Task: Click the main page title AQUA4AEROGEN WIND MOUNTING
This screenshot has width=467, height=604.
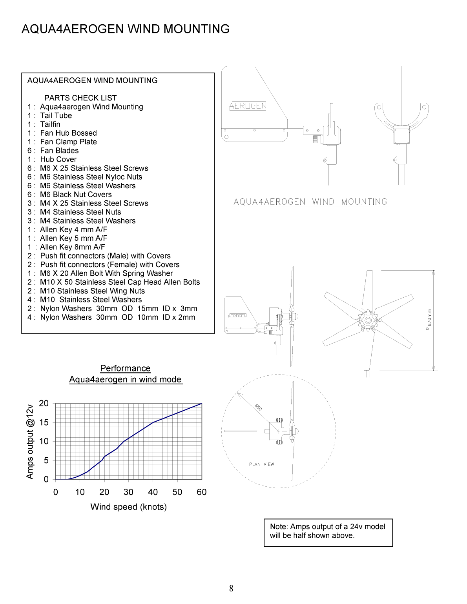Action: [x=126, y=29]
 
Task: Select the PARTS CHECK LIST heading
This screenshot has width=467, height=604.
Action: [x=80, y=98]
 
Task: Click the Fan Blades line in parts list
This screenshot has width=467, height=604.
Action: [x=59, y=151]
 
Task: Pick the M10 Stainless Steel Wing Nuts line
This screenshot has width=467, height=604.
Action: [x=92, y=291]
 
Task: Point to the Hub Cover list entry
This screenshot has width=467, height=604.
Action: [x=58, y=159]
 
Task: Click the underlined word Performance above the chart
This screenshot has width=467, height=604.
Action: [x=125, y=368]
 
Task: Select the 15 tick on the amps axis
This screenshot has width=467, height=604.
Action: [x=44, y=422]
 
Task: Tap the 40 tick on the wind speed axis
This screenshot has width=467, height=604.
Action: [x=153, y=492]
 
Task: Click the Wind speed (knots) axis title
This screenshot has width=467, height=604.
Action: [x=128, y=507]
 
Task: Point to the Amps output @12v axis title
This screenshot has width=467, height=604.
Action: [x=30, y=441]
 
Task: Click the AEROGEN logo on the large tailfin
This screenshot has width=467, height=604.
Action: [x=248, y=106]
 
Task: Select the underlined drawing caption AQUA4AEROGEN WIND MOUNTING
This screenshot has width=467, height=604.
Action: [x=310, y=202]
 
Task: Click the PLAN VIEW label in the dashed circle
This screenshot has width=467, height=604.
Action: [x=261, y=464]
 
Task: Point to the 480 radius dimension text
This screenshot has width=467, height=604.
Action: [x=258, y=407]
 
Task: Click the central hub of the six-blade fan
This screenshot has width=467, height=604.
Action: [x=368, y=320]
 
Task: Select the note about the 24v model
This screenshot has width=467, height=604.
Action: [x=328, y=531]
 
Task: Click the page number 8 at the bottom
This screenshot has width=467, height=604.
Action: [x=231, y=588]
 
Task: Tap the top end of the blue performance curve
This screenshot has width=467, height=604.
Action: [x=201, y=404]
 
